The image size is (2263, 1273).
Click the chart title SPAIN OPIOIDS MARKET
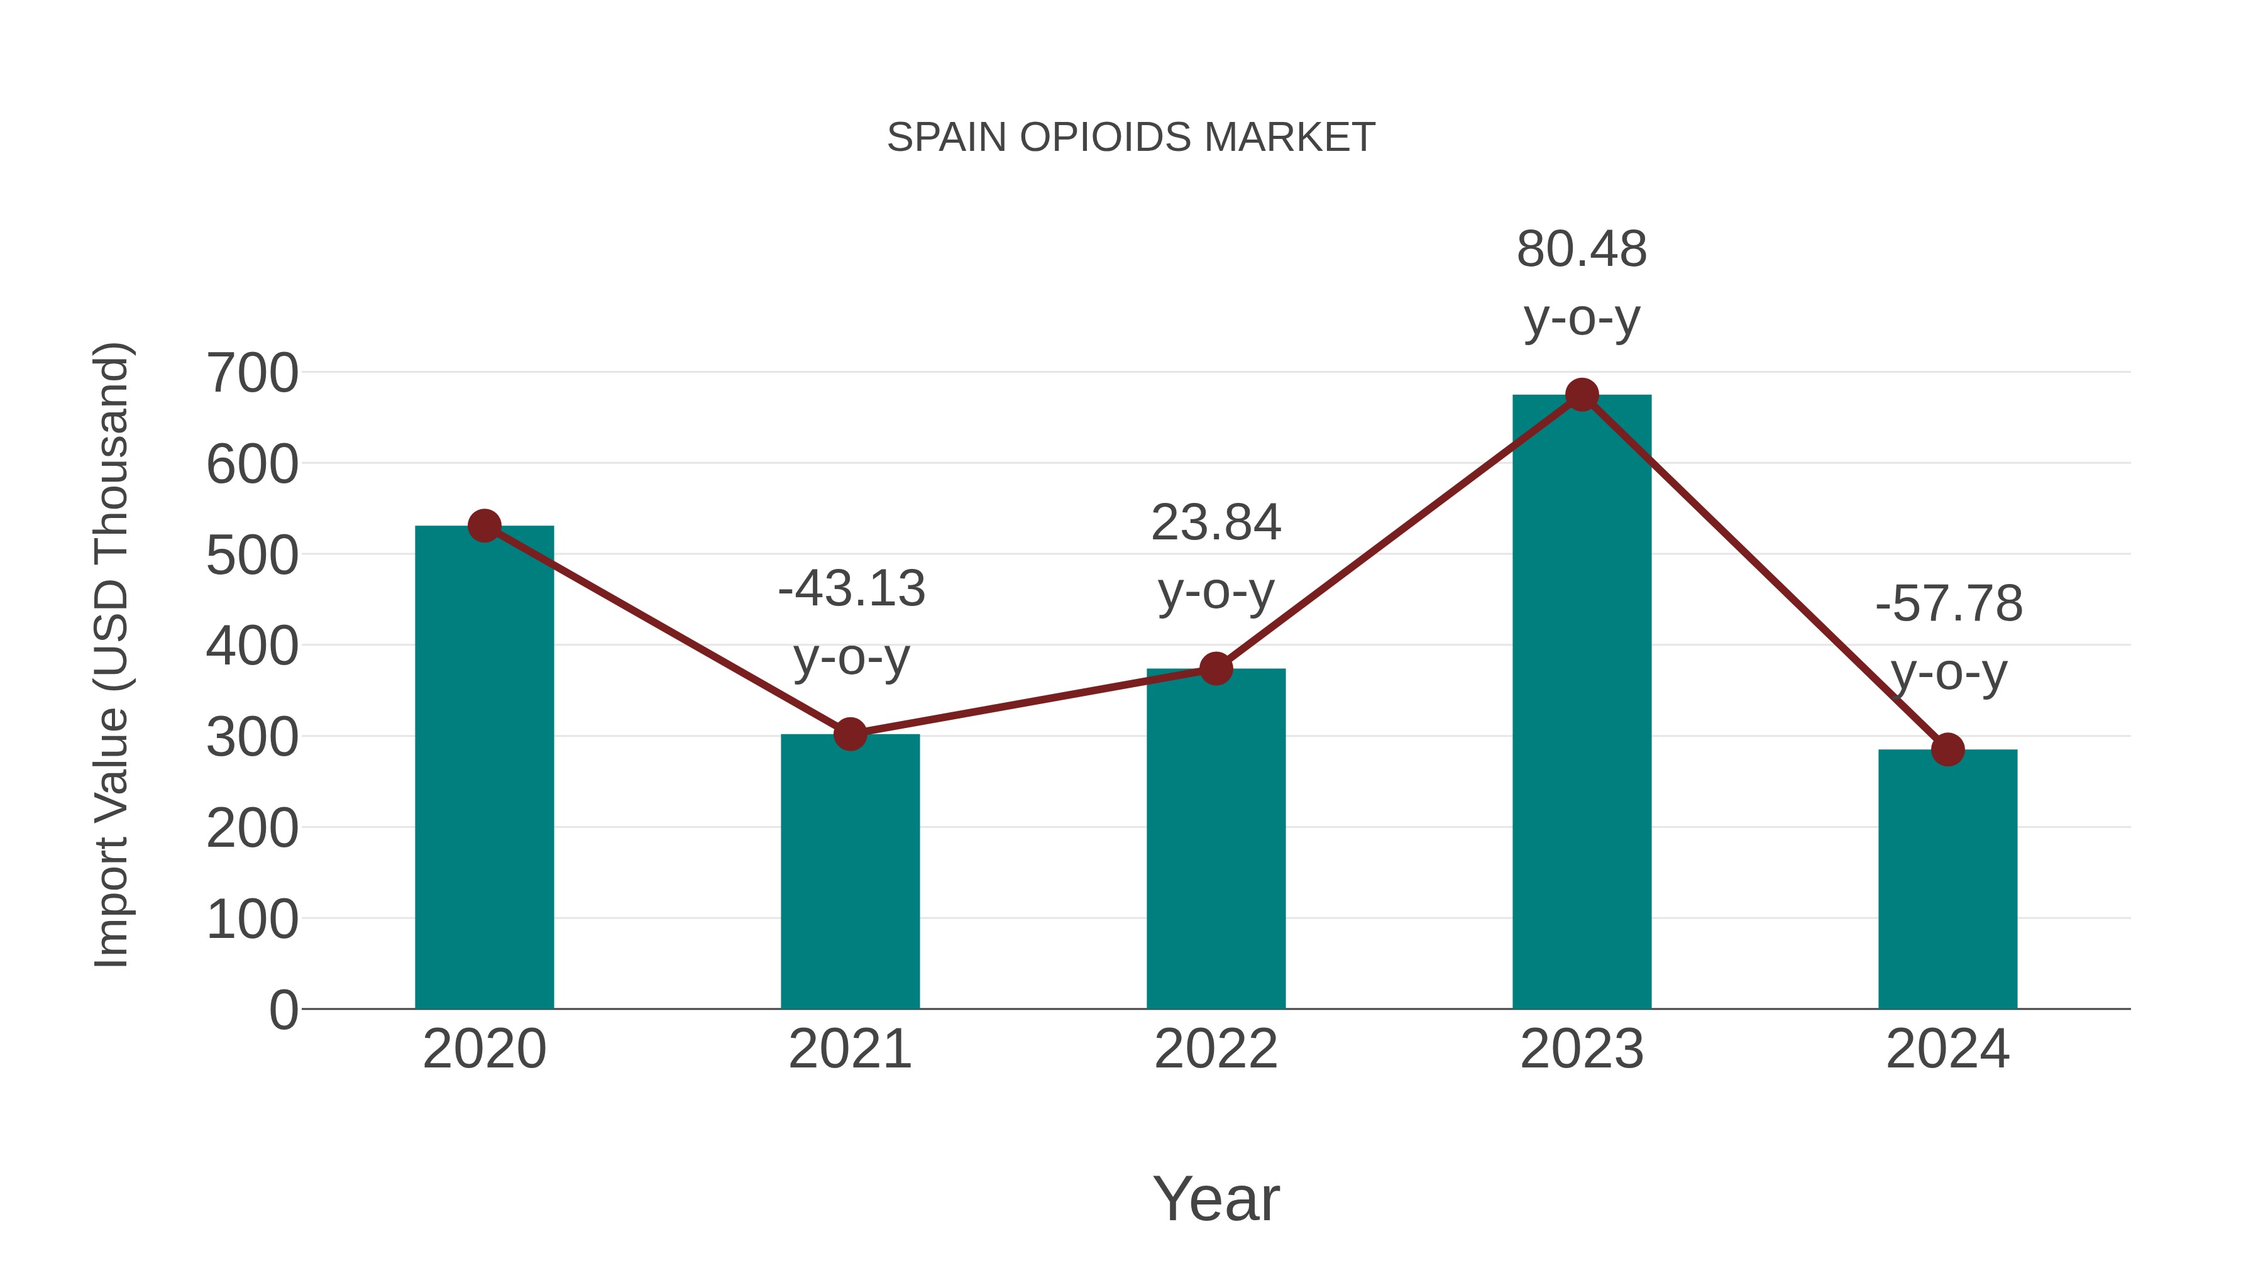pyautogui.click(x=1131, y=138)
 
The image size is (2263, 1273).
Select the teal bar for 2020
pyautogui.click(x=484, y=773)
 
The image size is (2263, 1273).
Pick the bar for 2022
pyautogui.click(x=1216, y=844)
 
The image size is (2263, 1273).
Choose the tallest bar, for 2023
pyautogui.click(x=1582, y=703)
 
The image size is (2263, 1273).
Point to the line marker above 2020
pyautogui.click(x=485, y=526)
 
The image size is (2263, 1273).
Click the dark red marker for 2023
pyautogui.click(x=1582, y=395)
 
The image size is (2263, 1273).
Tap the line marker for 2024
pyautogui.click(x=1947, y=749)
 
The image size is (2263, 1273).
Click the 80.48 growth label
pyautogui.click(x=1582, y=250)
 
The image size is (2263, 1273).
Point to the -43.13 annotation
pyautogui.click(x=851, y=588)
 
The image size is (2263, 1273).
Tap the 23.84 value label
pyautogui.click(x=1216, y=523)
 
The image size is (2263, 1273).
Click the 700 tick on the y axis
pyautogui.click(x=252, y=373)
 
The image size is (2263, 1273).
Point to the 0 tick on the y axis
pyautogui.click(x=283, y=1010)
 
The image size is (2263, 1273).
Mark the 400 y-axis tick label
pyautogui.click(x=252, y=647)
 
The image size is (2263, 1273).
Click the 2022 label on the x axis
pyautogui.click(x=1216, y=1049)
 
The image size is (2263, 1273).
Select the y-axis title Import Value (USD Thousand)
pyautogui.click(x=113, y=654)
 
